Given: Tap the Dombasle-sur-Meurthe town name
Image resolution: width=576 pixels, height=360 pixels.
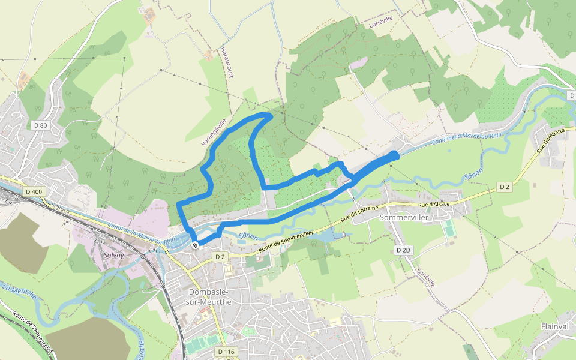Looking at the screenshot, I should tap(210, 297).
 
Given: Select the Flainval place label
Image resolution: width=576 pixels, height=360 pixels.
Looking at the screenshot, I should tap(555, 326).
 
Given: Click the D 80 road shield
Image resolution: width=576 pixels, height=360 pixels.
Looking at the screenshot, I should tap(40, 125).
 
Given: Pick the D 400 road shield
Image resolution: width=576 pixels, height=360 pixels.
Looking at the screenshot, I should tap(34, 191).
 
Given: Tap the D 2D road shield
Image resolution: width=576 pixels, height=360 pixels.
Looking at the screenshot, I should tap(404, 250).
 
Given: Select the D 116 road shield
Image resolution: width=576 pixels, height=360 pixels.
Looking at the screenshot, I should tap(226, 351).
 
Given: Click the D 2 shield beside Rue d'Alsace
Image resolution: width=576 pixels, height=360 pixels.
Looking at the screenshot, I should tap(505, 187).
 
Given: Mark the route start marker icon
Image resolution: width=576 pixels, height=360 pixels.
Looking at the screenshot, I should tap(195, 245).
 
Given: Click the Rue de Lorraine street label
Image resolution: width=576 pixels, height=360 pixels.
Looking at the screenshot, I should tap(360, 214).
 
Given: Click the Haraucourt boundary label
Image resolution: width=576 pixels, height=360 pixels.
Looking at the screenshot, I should tap(226, 62).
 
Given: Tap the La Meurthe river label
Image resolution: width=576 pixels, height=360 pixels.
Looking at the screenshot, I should tap(19, 292).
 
